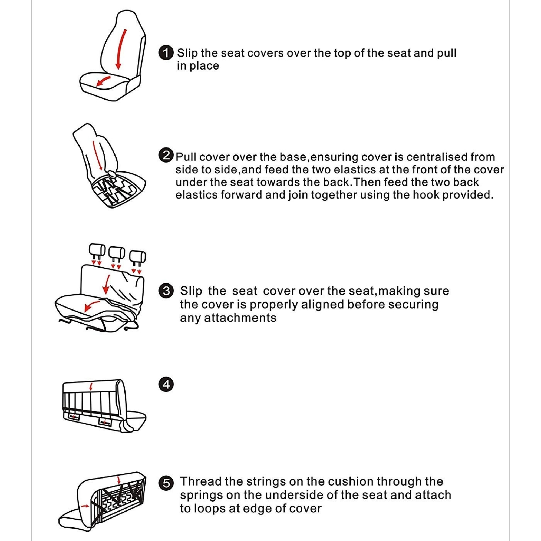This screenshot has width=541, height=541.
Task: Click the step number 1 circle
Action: pos(166,53)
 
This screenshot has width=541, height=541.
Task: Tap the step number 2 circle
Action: pos(166,155)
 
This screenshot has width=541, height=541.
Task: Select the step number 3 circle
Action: pos(166,291)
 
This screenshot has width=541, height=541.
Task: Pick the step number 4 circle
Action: pos(166,384)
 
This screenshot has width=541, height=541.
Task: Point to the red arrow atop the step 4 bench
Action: pos(90,387)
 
